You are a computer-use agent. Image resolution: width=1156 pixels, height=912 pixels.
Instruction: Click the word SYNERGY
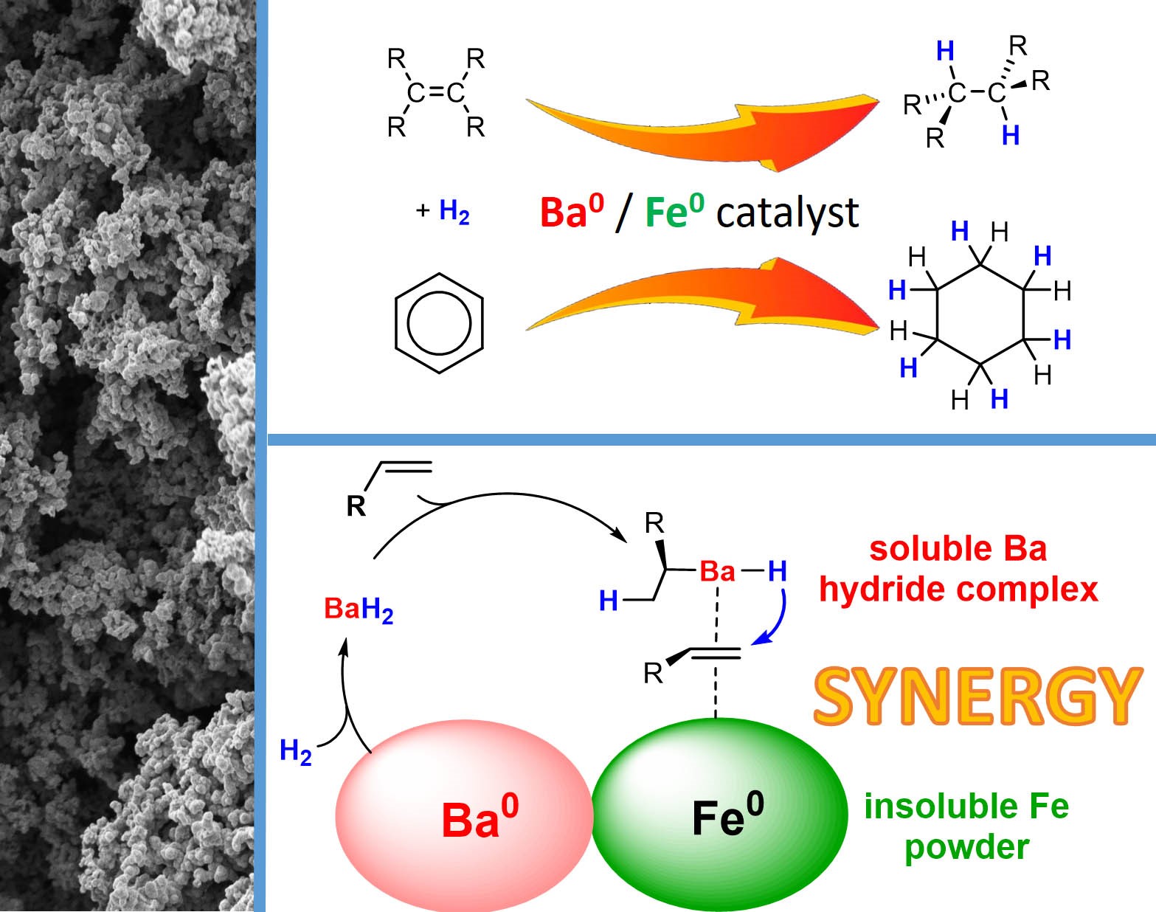point(977,697)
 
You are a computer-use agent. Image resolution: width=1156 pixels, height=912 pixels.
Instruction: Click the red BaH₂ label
point(359,610)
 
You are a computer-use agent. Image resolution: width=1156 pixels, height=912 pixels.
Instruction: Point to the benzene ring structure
point(439,323)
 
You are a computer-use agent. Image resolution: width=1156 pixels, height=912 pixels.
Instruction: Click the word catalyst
point(787,213)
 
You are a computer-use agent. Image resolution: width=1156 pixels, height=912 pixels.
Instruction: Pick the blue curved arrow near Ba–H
point(774,618)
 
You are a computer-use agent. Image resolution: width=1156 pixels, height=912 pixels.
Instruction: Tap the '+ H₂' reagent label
point(443,211)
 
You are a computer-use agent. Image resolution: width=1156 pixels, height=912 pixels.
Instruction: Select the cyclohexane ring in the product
point(980,314)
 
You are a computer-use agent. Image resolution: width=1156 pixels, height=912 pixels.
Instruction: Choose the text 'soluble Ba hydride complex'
point(958,570)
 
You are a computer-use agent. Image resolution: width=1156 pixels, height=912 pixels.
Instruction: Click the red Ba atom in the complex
point(717,571)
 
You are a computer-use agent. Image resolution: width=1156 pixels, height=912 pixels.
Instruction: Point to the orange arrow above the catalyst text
point(702,131)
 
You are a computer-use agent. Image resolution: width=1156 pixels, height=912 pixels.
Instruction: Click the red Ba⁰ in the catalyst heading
point(572,211)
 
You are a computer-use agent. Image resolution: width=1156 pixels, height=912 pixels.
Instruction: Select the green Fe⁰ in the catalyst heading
point(675,211)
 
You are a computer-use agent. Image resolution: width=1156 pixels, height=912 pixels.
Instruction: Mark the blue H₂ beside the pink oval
point(295,751)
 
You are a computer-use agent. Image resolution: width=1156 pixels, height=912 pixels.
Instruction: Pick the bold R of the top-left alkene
point(356,505)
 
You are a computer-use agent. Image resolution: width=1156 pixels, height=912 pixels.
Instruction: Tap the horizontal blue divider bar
point(712,440)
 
